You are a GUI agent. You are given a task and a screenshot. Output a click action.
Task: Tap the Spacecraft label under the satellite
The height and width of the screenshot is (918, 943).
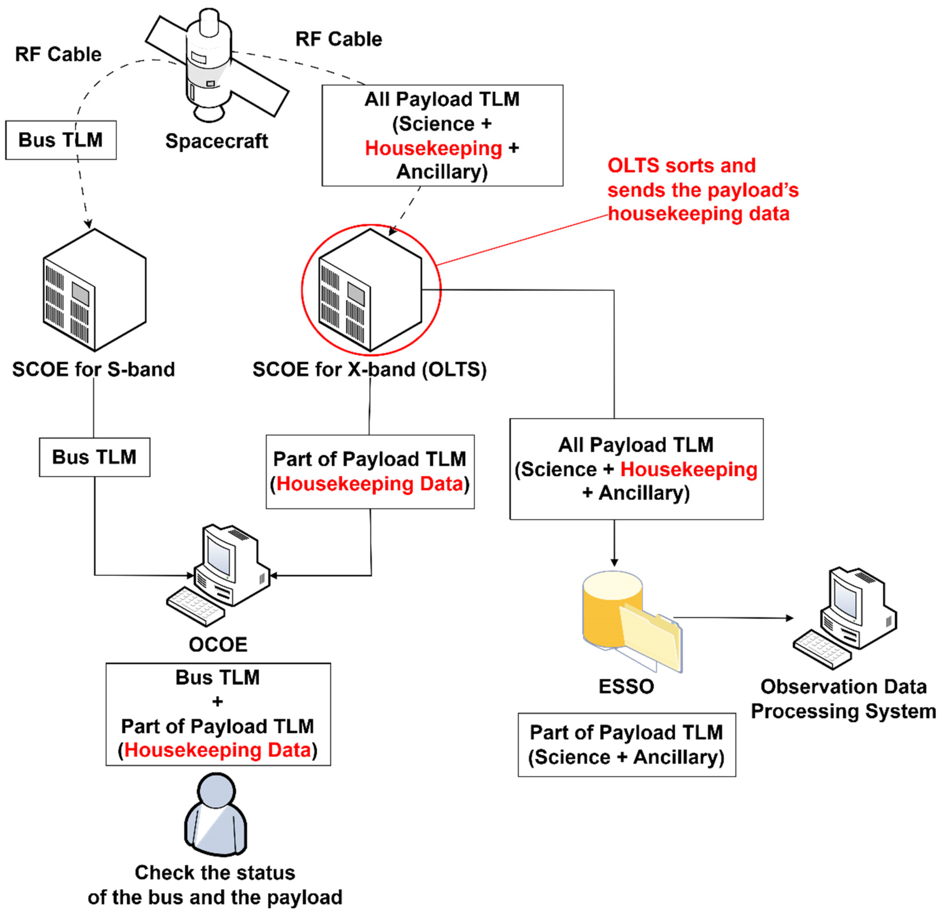tap(216, 141)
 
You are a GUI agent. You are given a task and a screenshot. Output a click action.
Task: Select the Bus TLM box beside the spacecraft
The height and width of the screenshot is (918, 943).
tap(61, 140)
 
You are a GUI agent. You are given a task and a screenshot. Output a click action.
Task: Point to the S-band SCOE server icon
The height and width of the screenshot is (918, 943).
tap(94, 290)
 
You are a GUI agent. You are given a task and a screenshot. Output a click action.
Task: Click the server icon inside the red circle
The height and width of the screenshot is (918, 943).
tap(370, 290)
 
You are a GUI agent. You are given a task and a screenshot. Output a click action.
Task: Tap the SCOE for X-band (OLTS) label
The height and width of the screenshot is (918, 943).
tap(369, 369)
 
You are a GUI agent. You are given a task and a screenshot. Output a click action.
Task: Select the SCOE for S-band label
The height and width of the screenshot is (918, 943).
tap(94, 369)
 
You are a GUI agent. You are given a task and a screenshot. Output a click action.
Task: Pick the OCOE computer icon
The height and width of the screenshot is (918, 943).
tap(218, 575)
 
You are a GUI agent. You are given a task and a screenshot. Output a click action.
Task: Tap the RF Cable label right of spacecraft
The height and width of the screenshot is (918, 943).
tap(338, 39)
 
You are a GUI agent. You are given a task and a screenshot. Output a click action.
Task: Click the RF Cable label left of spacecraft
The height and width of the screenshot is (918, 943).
tap(58, 54)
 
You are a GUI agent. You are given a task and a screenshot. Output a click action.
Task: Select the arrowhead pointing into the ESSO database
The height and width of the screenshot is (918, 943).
tap(614, 562)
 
